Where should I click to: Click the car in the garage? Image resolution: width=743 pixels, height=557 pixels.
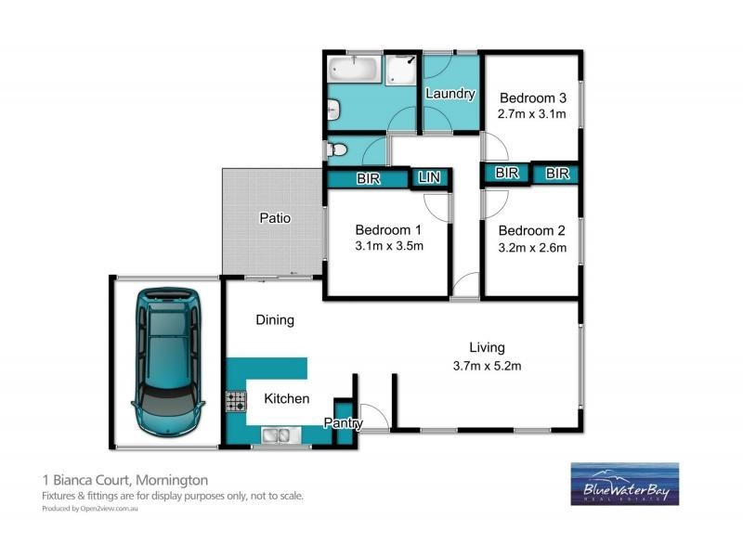(168, 363)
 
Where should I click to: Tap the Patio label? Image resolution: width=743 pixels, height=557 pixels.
(274, 219)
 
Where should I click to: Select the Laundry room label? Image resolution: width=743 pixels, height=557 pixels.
(450, 94)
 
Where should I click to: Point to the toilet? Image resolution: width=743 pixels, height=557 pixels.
(336, 149)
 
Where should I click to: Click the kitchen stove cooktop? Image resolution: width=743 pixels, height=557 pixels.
(235, 401)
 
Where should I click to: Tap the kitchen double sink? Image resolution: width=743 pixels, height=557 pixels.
(278, 434)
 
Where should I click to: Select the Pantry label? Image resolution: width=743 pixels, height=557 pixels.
(343, 423)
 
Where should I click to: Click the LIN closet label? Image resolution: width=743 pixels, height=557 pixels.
(429, 177)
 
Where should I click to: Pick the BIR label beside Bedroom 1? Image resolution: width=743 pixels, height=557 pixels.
(368, 179)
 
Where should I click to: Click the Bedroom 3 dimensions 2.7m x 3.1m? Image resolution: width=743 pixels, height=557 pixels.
(533, 114)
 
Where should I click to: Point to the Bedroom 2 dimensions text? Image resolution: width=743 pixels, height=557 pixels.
(532, 248)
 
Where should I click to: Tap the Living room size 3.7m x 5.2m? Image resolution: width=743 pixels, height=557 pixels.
(487, 365)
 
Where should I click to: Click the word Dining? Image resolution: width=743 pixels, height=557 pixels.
(275, 320)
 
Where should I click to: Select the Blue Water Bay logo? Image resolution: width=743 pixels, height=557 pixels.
(624, 484)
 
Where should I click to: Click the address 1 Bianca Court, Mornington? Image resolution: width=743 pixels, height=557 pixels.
(125, 480)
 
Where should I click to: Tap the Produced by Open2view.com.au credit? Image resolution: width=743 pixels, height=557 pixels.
(90, 509)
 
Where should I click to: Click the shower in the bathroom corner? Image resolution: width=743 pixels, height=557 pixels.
(402, 71)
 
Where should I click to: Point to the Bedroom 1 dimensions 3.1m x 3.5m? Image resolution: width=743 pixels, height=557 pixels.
(389, 246)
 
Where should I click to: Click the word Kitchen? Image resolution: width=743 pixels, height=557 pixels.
(287, 398)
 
